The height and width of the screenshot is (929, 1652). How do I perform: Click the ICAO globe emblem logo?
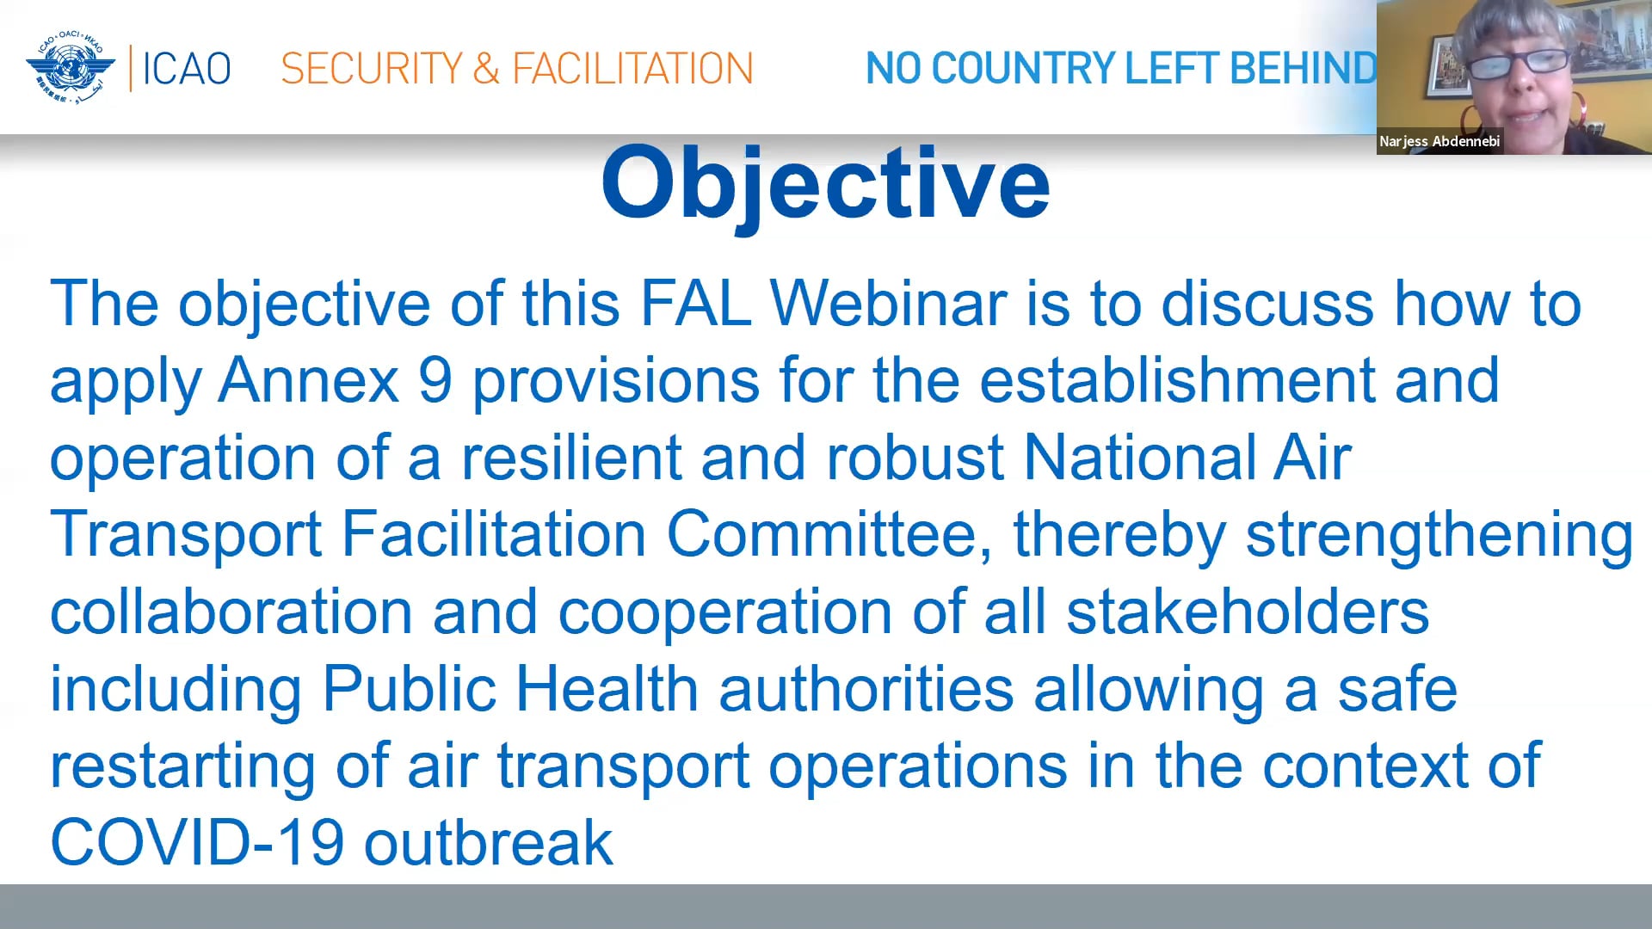click(71, 67)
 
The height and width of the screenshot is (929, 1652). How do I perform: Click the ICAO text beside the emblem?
click(186, 69)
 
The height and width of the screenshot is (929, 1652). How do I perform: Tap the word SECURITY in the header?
click(372, 69)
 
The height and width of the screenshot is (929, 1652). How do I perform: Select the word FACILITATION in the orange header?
click(632, 69)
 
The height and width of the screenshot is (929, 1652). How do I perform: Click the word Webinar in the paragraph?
click(888, 305)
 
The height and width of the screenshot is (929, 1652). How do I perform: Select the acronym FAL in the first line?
click(695, 305)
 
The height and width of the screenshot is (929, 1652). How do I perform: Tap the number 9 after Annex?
click(435, 381)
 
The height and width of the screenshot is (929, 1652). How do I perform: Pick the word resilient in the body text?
click(571, 458)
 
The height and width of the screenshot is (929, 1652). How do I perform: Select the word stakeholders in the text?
click(1248, 612)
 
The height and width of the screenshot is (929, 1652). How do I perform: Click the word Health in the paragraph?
click(607, 689)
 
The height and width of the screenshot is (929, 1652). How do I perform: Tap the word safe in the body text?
click(1397, 689)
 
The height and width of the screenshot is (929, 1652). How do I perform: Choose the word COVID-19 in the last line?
click(198, 842)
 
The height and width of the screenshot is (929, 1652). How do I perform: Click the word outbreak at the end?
click(489, 842)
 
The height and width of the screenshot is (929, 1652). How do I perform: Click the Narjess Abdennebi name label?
click(1439, 141)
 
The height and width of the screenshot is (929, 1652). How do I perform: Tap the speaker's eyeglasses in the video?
click(1519, 61)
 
